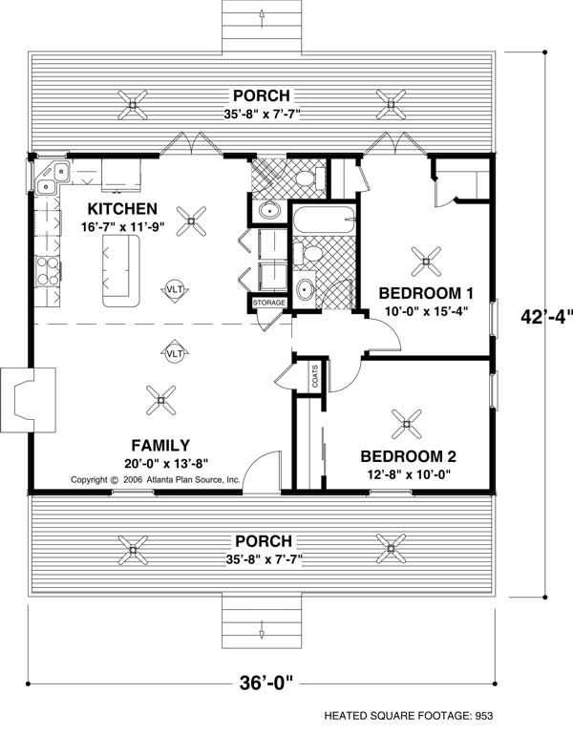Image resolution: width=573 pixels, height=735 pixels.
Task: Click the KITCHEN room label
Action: click(122, 209)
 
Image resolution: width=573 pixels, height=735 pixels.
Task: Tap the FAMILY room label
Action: click(160, 445)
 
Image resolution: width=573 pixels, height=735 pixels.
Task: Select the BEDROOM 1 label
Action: click(426, 293)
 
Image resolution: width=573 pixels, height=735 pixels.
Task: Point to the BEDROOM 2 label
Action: click(409, 456)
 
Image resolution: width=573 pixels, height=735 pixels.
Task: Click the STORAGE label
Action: click(269, 303)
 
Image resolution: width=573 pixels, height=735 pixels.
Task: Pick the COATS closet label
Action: click(314, 376)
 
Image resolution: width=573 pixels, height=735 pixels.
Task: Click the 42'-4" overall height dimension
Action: click(546, 317)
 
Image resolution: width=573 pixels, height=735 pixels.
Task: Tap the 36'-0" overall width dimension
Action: click(265, 682)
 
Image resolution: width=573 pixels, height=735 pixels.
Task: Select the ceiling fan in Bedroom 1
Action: click(426, 262)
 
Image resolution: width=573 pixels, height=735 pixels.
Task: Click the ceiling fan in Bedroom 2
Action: click(407, 424)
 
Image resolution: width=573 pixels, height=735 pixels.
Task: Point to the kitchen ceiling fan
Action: click(191, 221)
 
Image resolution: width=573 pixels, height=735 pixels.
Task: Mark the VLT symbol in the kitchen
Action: click(175, 290)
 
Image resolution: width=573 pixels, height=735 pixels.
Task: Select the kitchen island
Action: click(121, 271)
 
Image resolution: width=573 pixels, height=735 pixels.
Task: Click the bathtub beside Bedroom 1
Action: click(324, 220)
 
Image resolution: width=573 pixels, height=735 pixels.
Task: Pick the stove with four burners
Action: click(48, 271)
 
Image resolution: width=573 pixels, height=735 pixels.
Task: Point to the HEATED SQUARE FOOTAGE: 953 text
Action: click(409, 716)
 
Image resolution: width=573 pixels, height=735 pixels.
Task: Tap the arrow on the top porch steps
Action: click(262, 18)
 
